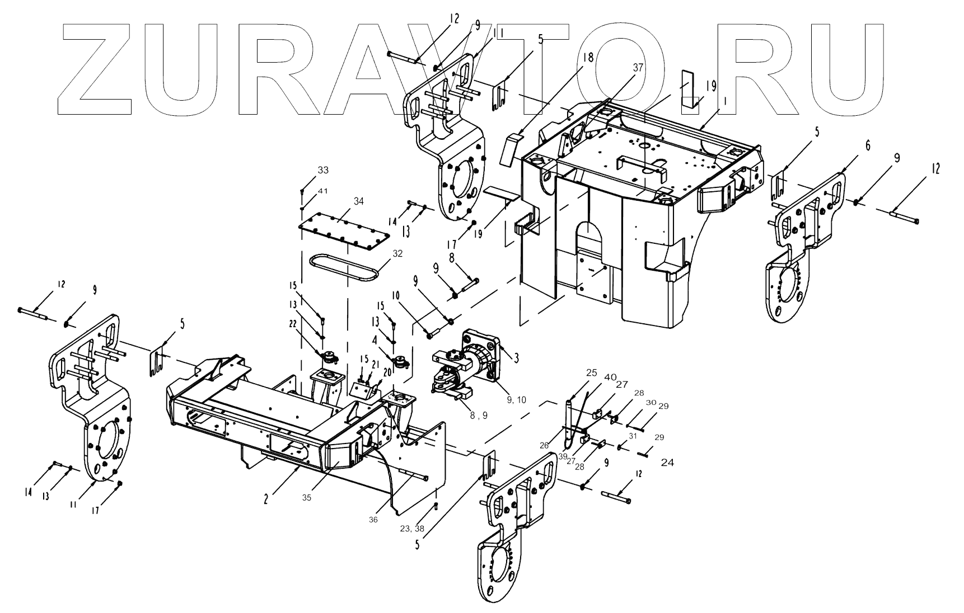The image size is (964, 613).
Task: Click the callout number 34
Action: point(358,201)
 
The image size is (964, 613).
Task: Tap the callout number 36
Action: point(373,520)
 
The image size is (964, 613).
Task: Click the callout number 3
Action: point(517,357)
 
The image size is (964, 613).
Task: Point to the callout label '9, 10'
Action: point(517,399)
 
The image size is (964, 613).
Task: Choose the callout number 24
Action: point(667,463)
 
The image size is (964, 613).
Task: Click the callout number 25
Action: point(575,372)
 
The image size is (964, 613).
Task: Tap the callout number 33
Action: point(324,170)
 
